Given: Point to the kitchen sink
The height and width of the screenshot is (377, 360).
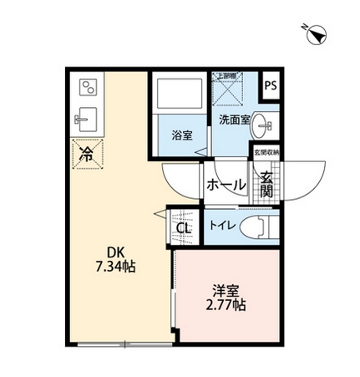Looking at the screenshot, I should pos(87,120).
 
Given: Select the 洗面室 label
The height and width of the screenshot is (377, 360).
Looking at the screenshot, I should pos(234,120).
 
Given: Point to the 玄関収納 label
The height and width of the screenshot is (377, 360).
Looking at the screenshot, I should pos(267,152).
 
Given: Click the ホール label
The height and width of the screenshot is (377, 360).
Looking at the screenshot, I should pos(225,184).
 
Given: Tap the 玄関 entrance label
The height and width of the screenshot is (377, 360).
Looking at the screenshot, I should pos(266,184).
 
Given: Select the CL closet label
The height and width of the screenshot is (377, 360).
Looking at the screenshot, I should pos(184,227).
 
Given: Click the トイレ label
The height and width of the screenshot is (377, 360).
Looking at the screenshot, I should pos(221,224).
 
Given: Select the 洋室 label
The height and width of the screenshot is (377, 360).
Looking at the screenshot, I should pos(226,290).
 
